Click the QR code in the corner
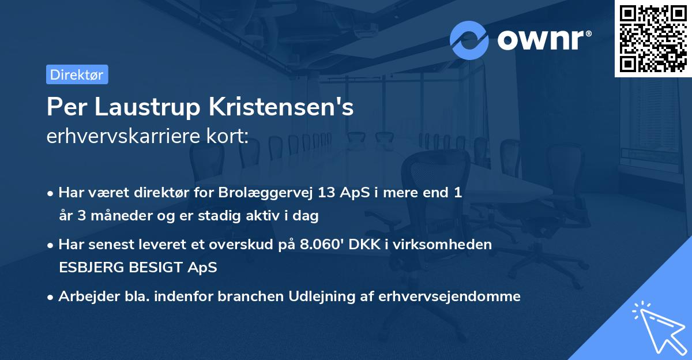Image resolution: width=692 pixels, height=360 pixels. click(x=653, y=38)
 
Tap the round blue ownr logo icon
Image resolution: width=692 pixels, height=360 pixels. click(x=469, y=40)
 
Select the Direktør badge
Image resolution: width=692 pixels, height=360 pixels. click(x=77, y=74)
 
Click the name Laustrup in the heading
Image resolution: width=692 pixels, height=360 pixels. click(x=138, y=107)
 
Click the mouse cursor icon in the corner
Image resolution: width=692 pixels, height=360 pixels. click(x=660, y=327)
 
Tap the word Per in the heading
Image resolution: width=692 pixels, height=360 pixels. click(x=62, y=107)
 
